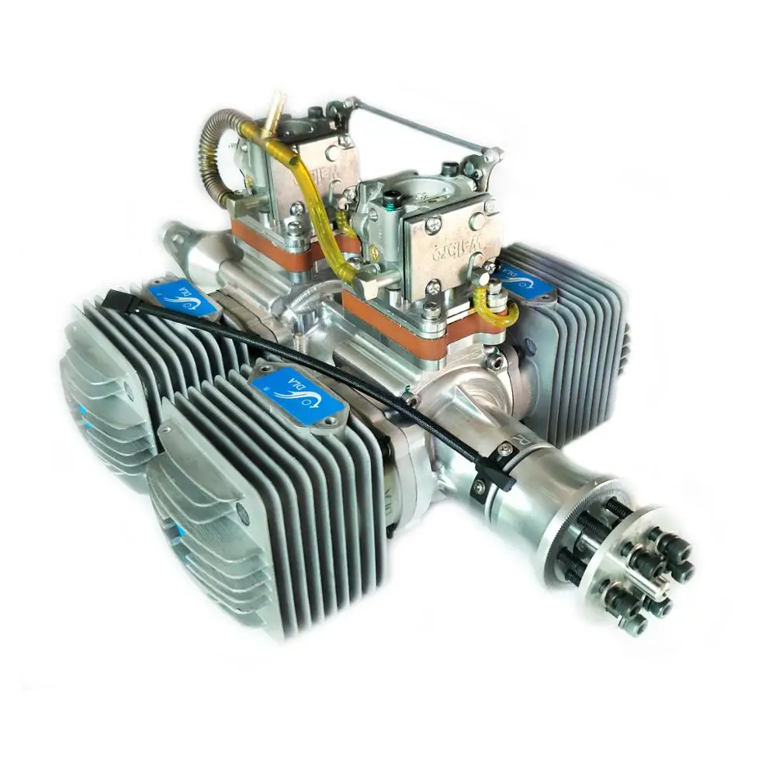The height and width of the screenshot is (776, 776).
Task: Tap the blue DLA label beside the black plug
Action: click(184, 299)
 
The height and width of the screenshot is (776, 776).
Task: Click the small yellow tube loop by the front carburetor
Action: click(497, 310)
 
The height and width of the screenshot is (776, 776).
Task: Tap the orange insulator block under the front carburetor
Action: click(404, 326)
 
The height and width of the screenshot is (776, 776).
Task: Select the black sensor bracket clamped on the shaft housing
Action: click(493, 473)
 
